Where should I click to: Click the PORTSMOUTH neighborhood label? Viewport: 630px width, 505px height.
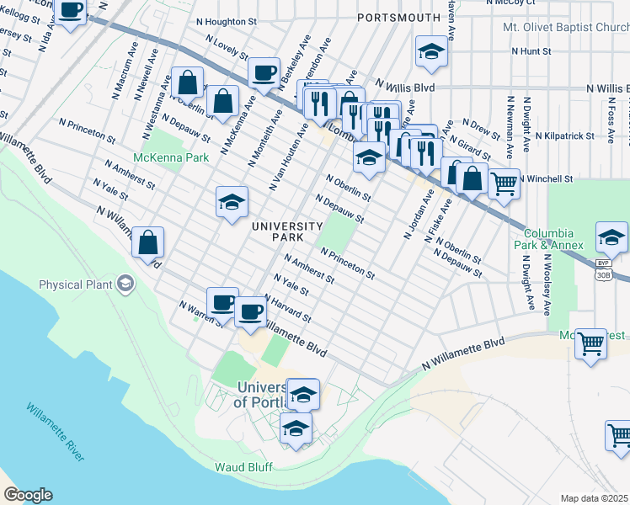coord(399,17)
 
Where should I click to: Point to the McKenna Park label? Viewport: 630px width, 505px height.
coord(170,157)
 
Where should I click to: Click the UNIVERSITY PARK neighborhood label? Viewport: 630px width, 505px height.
coord(287,231)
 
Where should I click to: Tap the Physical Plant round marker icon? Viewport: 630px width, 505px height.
coord(126,284)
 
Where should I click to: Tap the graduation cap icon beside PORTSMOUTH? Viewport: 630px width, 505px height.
coord(431,52)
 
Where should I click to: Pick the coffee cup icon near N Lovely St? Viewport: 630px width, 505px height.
coord(264,72)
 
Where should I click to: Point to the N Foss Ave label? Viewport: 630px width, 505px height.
coord(610,116)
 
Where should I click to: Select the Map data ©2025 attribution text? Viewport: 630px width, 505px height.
coord(595,498)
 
